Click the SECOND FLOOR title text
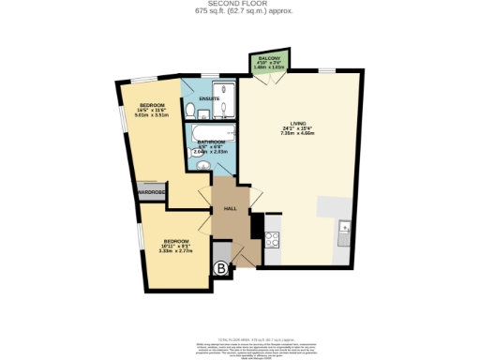coord(239,5)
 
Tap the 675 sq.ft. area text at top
coord(239,12)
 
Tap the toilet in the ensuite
coord(190,112)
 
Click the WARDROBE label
coord(152,193)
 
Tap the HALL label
coord(229,209)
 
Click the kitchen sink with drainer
coord(344,229)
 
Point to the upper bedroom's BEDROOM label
coord(153,104)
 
